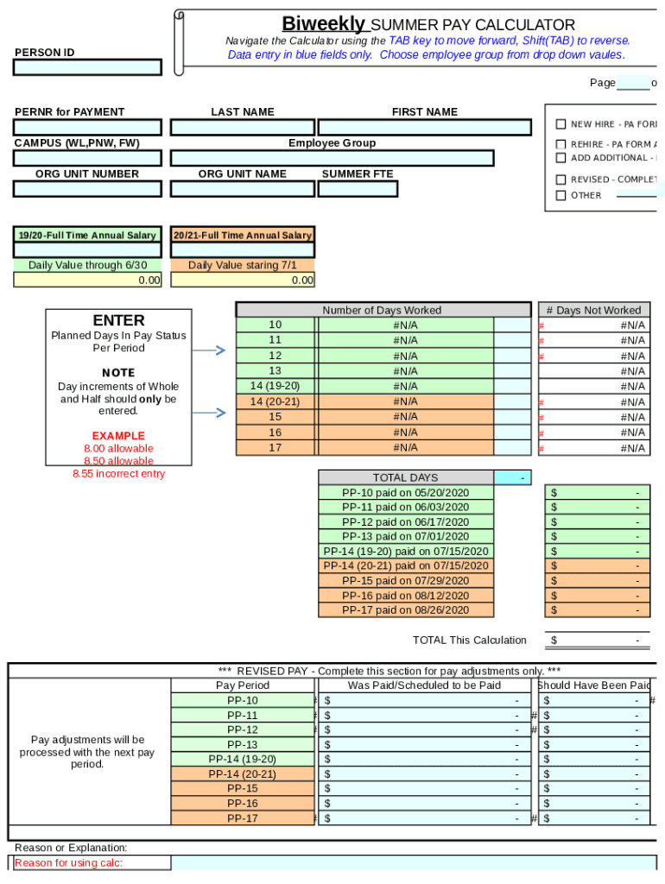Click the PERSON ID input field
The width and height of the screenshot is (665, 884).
(x=87, y=67)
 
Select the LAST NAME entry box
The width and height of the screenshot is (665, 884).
(x=242, y=128)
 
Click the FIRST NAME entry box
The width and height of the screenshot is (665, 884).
(x=424, y=128)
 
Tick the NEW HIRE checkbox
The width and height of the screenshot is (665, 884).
(x=561, y=124)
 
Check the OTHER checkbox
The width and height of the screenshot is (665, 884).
(x=561, y=195)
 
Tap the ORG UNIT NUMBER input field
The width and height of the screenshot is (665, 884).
(x=87, y=189)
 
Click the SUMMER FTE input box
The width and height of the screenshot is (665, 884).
(x=357, y=189)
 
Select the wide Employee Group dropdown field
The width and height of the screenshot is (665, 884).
(x=332, y=159)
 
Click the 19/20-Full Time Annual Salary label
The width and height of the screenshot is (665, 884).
(x=87, y=235)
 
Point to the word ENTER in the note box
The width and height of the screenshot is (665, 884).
(x=118, y=320)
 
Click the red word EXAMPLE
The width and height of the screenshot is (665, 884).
(x=118, y=436)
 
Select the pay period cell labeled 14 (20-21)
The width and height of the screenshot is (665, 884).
(x=275, y=402)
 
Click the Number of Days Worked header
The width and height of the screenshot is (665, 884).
(x=382, y=310)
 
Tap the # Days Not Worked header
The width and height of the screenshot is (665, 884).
(x=593, y=310)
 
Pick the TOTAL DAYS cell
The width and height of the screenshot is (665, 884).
(x=405, y=477)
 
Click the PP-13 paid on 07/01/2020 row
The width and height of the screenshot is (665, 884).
(x=405, y=537)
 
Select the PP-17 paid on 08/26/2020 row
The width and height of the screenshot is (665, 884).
(x=405, y=610)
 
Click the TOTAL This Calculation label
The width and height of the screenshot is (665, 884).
(x=469, y=641)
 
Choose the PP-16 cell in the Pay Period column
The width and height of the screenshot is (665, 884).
(x=242, y=804)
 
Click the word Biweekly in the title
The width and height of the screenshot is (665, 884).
(x=324, y=24)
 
